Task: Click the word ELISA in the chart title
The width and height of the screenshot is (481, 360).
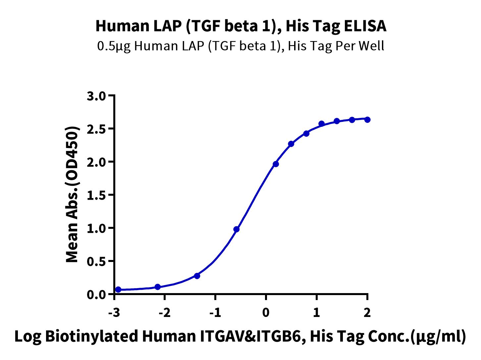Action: coord(365,26)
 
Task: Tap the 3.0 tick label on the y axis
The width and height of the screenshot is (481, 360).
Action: coord(96,96)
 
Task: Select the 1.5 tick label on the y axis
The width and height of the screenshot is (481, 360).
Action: coord(96,195)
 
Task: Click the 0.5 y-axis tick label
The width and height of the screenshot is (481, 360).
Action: coord(96,261)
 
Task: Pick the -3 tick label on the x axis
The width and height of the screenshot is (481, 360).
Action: coord(114,313)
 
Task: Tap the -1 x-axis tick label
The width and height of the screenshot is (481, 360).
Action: coord(215,313)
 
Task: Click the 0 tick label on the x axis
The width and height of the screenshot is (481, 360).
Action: coord(266,313)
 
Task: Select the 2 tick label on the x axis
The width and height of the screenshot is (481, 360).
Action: coord(367,313)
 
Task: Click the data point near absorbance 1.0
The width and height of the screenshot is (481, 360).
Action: coord(237,229)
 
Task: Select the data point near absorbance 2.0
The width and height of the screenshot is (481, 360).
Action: coord(276,164)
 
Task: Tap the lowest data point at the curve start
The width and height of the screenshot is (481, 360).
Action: coord(118,289)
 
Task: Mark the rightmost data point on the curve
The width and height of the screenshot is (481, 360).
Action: coord(367,120)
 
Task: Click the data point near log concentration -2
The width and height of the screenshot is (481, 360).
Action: coord(158,287)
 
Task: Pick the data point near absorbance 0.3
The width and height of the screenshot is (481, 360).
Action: coord(197,276)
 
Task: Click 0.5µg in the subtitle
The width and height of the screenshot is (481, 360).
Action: coord(114,47)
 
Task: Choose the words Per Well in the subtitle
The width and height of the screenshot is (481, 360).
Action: coord(360,46)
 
